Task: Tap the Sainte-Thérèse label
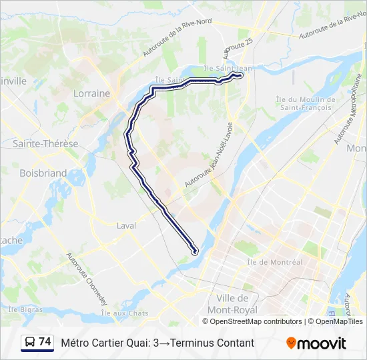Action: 45,143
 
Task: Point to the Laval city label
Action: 126,225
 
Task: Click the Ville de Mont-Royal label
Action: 233,303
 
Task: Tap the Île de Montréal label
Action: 274,262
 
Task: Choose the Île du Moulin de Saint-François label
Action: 304,103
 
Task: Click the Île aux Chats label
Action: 125,313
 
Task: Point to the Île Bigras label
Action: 26,309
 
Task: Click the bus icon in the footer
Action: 30,343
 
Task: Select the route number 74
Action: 45,342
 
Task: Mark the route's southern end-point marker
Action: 195,251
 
